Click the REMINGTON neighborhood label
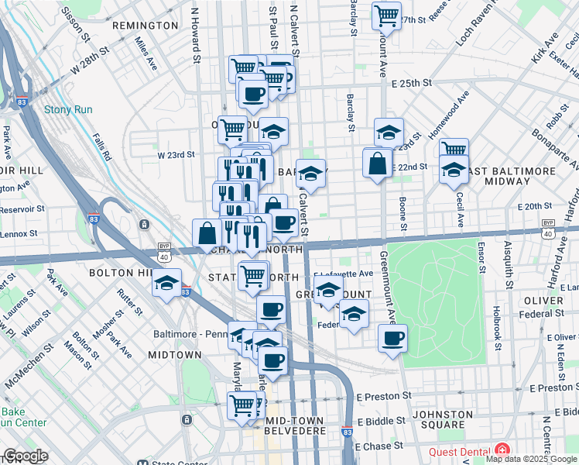coord(146,26)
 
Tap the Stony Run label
coord(68,109)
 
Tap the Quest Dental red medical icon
coord(503,449)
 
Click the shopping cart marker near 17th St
coord(386,15)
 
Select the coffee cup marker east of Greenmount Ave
coord(393,337)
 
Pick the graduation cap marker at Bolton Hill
coord(166,284)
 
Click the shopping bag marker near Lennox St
coord(207,232)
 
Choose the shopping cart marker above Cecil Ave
coord(454,150)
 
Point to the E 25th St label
coord(410,83)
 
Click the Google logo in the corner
coord(26,456)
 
